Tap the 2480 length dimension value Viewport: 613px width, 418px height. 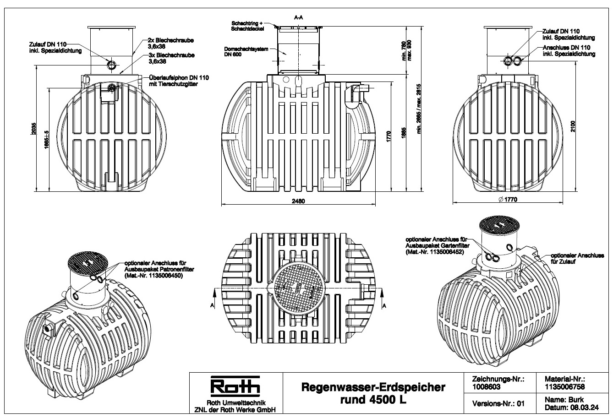click(298, 201)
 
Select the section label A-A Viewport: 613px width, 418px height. click(298, 17)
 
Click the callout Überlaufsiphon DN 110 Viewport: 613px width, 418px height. click(179, 81)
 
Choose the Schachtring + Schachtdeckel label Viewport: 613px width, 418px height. click(247, 26)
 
